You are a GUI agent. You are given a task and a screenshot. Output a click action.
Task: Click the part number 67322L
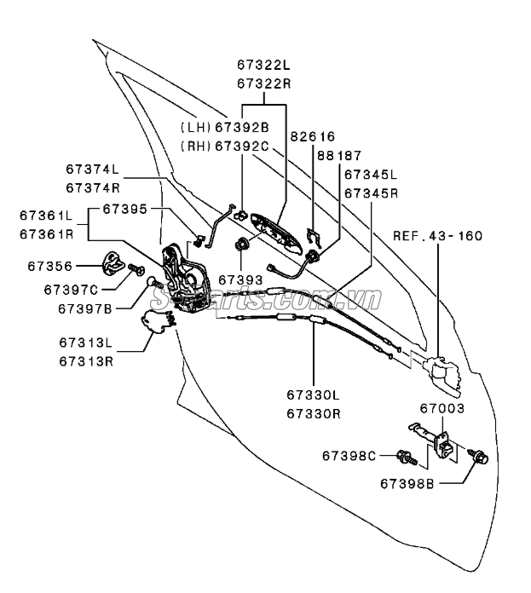[263, 66]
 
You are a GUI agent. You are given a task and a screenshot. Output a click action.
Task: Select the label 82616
[313, 136]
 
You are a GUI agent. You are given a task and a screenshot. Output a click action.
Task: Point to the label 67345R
[371, 193]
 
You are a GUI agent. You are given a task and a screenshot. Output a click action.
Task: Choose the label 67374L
[93, 170]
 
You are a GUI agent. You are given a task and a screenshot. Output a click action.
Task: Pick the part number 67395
[124, 207]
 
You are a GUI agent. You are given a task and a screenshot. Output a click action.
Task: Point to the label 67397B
[86, 308]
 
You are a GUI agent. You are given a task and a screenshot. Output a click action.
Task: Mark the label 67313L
[87, 343]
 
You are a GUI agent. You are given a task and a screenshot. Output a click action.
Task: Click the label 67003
[441, 409]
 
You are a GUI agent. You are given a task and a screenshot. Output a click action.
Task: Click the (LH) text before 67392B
[195, 127]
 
